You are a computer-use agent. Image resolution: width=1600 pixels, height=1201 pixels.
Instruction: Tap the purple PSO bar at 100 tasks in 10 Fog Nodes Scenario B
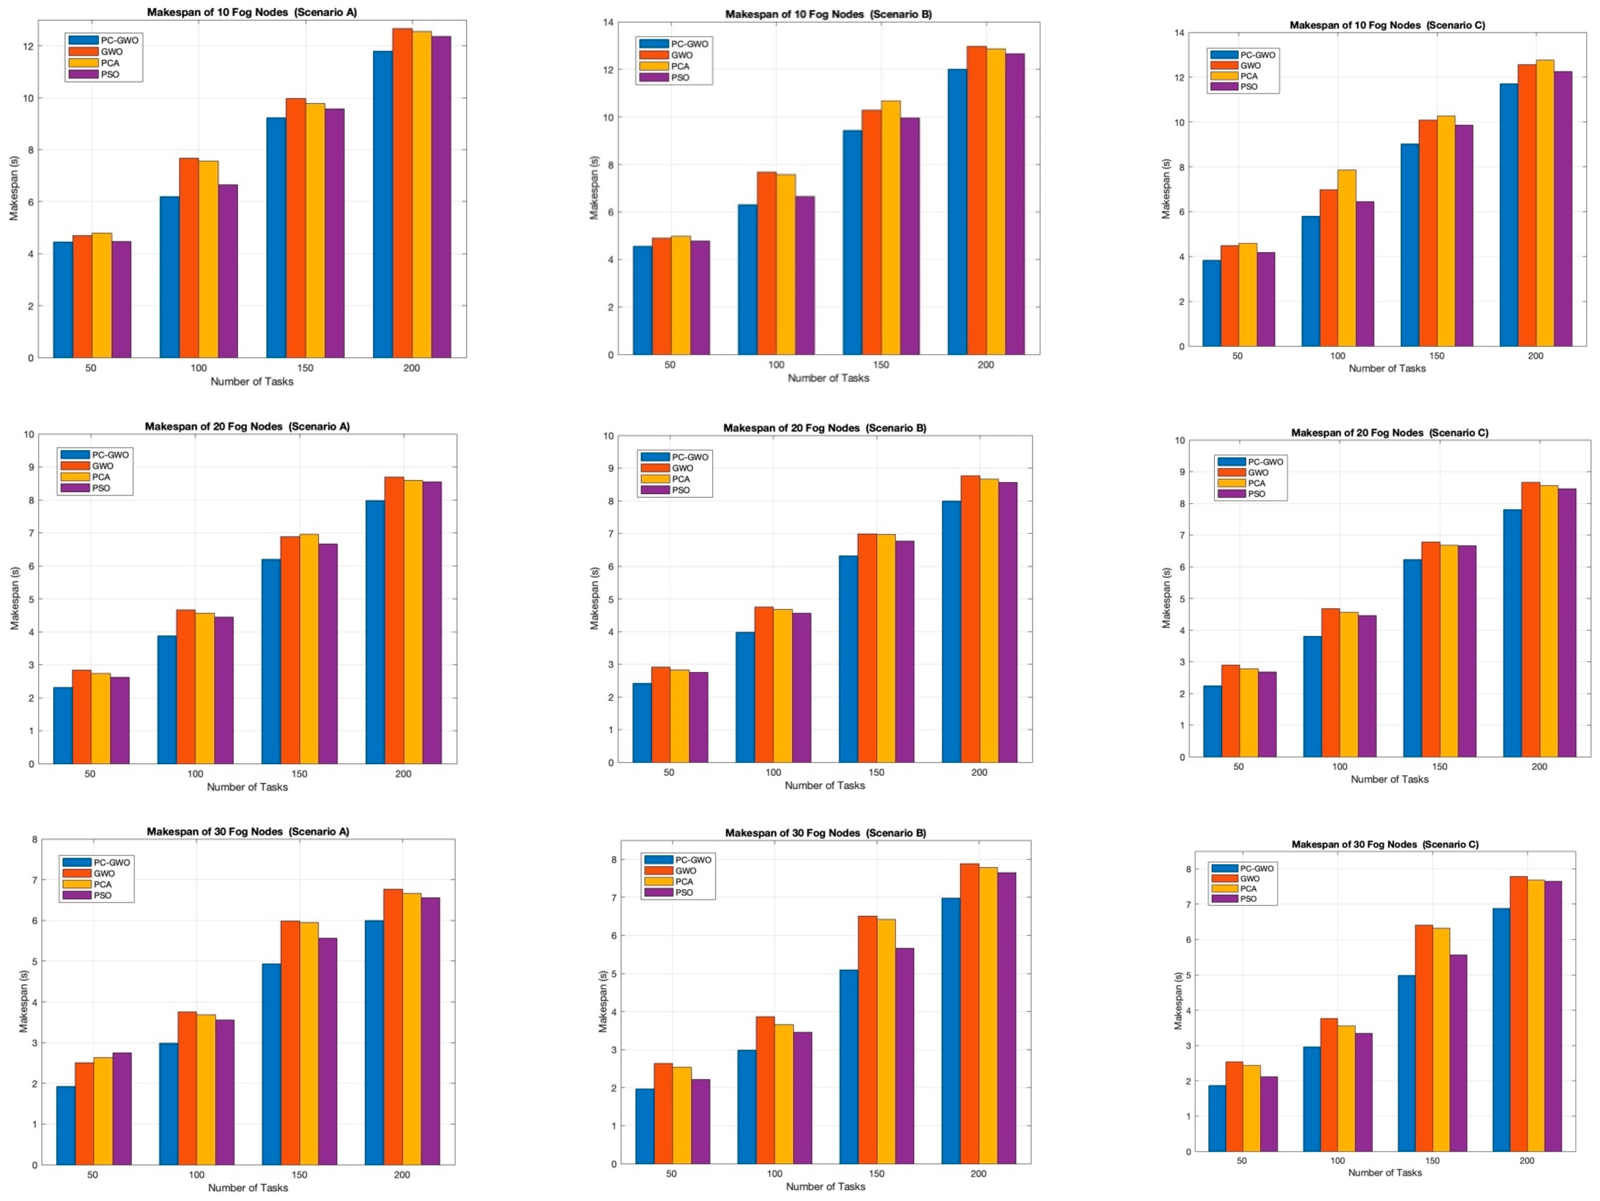pos(804,275)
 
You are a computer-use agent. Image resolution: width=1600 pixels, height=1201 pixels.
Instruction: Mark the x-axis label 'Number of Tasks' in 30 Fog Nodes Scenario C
pos(1385,1172)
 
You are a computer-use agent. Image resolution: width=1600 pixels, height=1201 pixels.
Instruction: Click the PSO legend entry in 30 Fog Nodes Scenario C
pos(1248,899)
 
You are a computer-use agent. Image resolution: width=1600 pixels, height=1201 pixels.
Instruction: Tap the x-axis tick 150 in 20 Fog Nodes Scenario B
pos(876,772)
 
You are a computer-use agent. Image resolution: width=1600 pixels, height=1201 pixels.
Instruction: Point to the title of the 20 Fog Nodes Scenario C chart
pos(1390,432)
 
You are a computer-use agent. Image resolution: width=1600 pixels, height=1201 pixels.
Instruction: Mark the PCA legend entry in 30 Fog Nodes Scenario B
pos(683,881)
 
